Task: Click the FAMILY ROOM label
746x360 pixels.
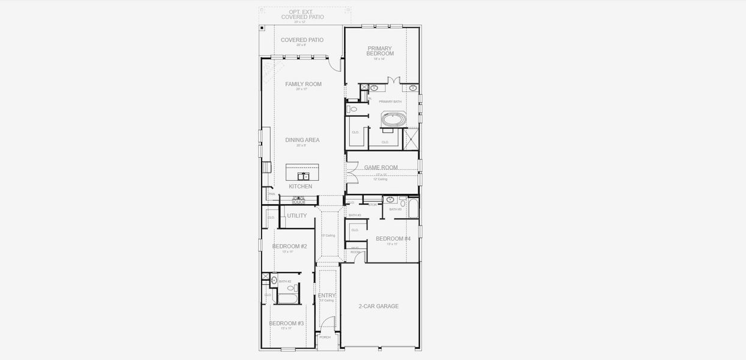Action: click(x=303, y=85)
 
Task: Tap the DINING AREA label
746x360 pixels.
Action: click(x=302, y=140)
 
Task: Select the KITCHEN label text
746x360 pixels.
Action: click(x=300, y=187)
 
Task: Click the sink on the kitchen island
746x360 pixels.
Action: click(x=304, y=176)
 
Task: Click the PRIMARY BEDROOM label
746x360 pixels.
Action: click(x=380, y=51)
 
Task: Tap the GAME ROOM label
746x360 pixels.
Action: click(x=381, y=168)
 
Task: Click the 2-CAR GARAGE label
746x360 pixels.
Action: click(x=379, y=307)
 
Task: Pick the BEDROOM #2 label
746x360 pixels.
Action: click(x=289, y=247)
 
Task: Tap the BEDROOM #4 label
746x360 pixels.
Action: click(x=393, y=239)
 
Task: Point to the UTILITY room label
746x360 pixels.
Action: click(x=296, y=216)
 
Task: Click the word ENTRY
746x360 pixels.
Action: click(x=326, y=296)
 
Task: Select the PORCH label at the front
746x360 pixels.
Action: click(x=325, y=337)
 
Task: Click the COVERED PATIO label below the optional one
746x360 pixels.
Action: click(x=302, y=40)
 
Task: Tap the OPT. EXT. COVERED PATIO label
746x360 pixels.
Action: click(x=302, y=14)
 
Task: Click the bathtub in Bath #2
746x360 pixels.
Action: click(x=287, y=298)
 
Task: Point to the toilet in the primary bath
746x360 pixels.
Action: click(x=353, y=109)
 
